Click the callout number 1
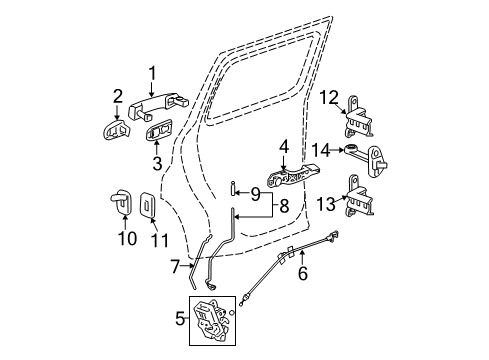coord(153,72)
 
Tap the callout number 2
coord(118,96)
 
